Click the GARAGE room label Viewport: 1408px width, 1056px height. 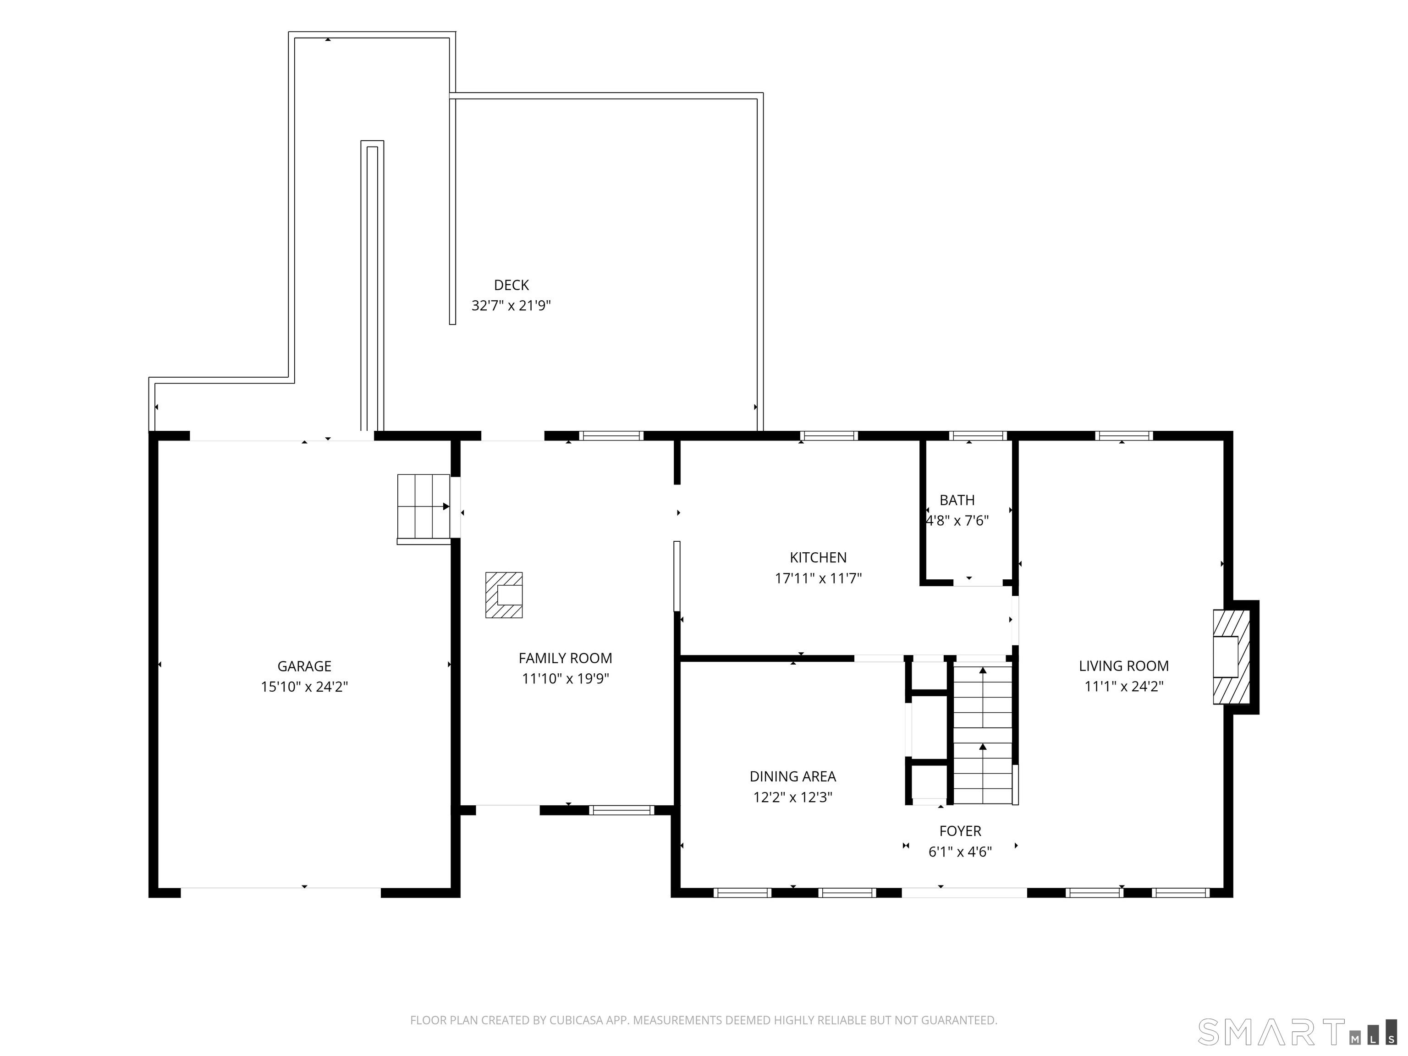coord(304,666)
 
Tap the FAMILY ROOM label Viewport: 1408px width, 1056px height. coord(565,658)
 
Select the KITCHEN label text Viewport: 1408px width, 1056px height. coord(818,558)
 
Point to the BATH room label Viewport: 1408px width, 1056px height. coord(957,500)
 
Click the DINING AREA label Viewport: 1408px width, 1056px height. coord(792,776)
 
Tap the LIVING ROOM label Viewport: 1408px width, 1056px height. coord(1123,666)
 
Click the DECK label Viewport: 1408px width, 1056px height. coord(511,285)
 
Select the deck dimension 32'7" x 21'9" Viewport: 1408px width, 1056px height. coord(511,306)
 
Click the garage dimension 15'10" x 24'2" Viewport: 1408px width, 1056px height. coord(304,687)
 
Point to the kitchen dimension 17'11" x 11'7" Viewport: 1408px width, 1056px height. coord(818,578)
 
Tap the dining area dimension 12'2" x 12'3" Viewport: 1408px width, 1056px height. coord(792,797)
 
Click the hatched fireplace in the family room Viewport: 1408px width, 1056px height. coord(504,595)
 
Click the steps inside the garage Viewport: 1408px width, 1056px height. coord(423,507)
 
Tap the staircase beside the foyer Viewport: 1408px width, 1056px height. coord(983,734)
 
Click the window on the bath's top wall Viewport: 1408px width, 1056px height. coord(977,436)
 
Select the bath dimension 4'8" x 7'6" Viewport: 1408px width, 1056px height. coord(957,521)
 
